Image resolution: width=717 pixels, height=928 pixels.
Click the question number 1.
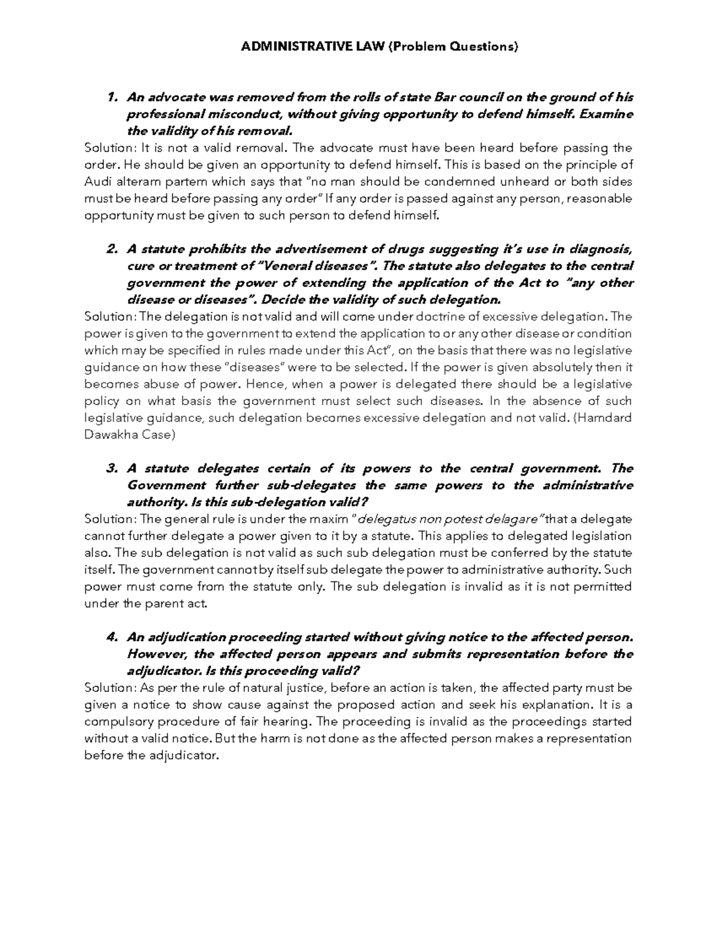click(110, 97)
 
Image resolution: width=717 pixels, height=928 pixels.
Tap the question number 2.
click(110, 249)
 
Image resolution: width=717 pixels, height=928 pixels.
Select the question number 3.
click(110, 468)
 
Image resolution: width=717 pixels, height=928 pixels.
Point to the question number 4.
click(110, 638)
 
